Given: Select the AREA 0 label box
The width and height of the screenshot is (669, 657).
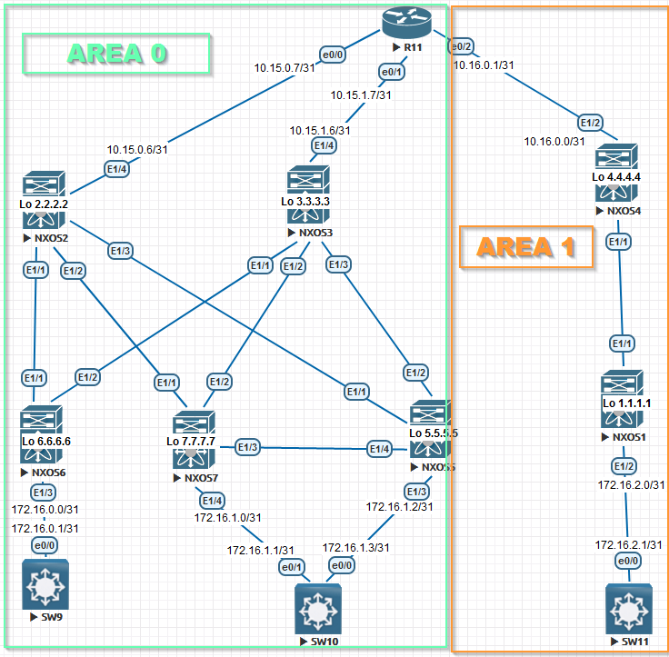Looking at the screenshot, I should click(116, 54).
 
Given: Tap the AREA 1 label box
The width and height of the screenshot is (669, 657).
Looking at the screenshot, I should click(526, 247).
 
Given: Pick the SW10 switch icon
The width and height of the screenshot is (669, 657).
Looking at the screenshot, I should click(317, 609).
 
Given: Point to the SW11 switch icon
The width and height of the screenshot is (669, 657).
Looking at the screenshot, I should click(628, 609).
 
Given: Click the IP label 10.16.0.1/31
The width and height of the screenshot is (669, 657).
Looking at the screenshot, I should click(484, 65).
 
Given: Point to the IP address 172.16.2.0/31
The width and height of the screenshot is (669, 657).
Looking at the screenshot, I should click(630, 484).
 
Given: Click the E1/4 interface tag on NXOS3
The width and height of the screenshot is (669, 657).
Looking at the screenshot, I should click(324, 145).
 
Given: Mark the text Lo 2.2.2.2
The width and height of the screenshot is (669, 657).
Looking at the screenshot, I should click(44, 204).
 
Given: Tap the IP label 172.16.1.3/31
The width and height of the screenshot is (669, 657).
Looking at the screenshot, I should click(356, 547).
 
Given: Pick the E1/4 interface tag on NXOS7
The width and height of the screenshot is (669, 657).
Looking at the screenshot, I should click(212, 500).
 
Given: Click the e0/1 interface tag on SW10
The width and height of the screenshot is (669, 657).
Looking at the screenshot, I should click(292, 567).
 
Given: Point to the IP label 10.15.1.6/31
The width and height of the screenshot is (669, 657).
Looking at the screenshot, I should click(320, 130).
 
